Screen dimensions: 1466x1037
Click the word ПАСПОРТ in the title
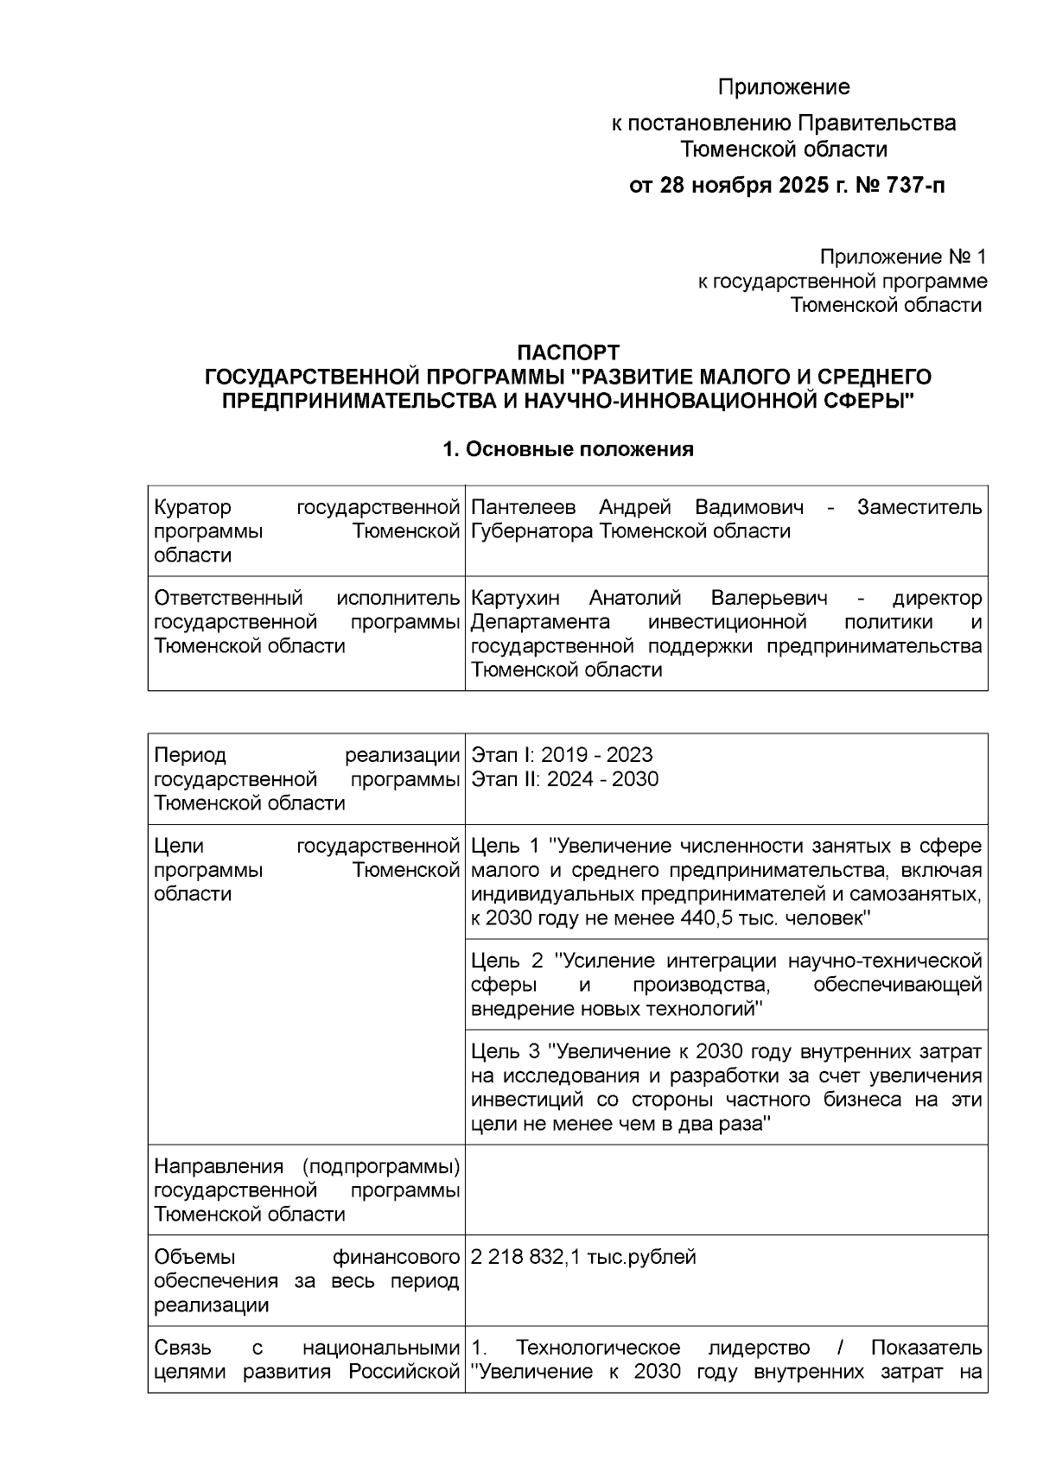[x=568, y=352]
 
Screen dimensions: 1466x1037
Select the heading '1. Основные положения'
[x=568, y=449]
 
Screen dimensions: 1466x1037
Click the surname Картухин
[x=515, y=598]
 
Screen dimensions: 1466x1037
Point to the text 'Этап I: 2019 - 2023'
[x=562, y=755]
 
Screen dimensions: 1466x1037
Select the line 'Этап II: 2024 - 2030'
[x=564, y=779]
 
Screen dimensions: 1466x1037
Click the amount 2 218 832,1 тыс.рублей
[x=583, y=1257]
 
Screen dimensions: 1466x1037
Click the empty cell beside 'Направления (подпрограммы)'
[x=726, y=1190]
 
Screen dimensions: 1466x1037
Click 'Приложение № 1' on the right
[x=902, y=257]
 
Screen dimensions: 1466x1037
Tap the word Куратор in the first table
[x=193, y=507]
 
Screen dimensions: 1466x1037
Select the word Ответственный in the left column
[x=228, y=598]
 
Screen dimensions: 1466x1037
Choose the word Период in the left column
[x=190, y=755]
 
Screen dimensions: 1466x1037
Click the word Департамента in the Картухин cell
[x=540, y=622]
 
